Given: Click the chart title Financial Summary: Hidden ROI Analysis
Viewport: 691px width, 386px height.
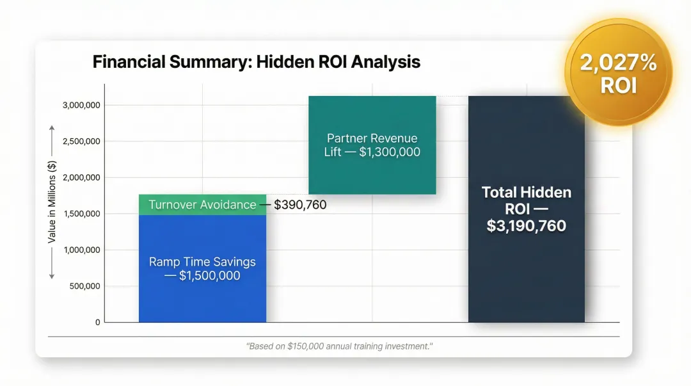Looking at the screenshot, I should point(256,62).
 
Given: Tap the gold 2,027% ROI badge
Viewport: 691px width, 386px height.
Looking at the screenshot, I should point(618,72).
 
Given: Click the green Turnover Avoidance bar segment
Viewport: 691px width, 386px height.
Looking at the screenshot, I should point(202,205).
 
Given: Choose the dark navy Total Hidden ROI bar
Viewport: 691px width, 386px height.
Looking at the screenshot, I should point(526,269).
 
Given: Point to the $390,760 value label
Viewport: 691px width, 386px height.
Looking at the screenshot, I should point(300,205).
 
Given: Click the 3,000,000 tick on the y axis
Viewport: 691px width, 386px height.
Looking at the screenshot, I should point(81,105).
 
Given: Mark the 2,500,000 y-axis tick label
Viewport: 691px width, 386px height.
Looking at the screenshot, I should point(81,141).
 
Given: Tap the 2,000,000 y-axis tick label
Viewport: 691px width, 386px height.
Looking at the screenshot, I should point(81,177).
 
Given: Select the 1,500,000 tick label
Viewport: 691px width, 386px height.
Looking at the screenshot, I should point(81,214).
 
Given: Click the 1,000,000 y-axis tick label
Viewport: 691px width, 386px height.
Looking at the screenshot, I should point(81,250).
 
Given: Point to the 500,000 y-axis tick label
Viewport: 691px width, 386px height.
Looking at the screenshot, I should point(84,286).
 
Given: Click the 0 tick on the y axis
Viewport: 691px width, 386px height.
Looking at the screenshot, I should point(97,322).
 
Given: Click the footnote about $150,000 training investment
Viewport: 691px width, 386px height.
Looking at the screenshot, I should point(339,346).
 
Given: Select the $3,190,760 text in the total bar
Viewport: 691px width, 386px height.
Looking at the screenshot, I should point(526,226).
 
